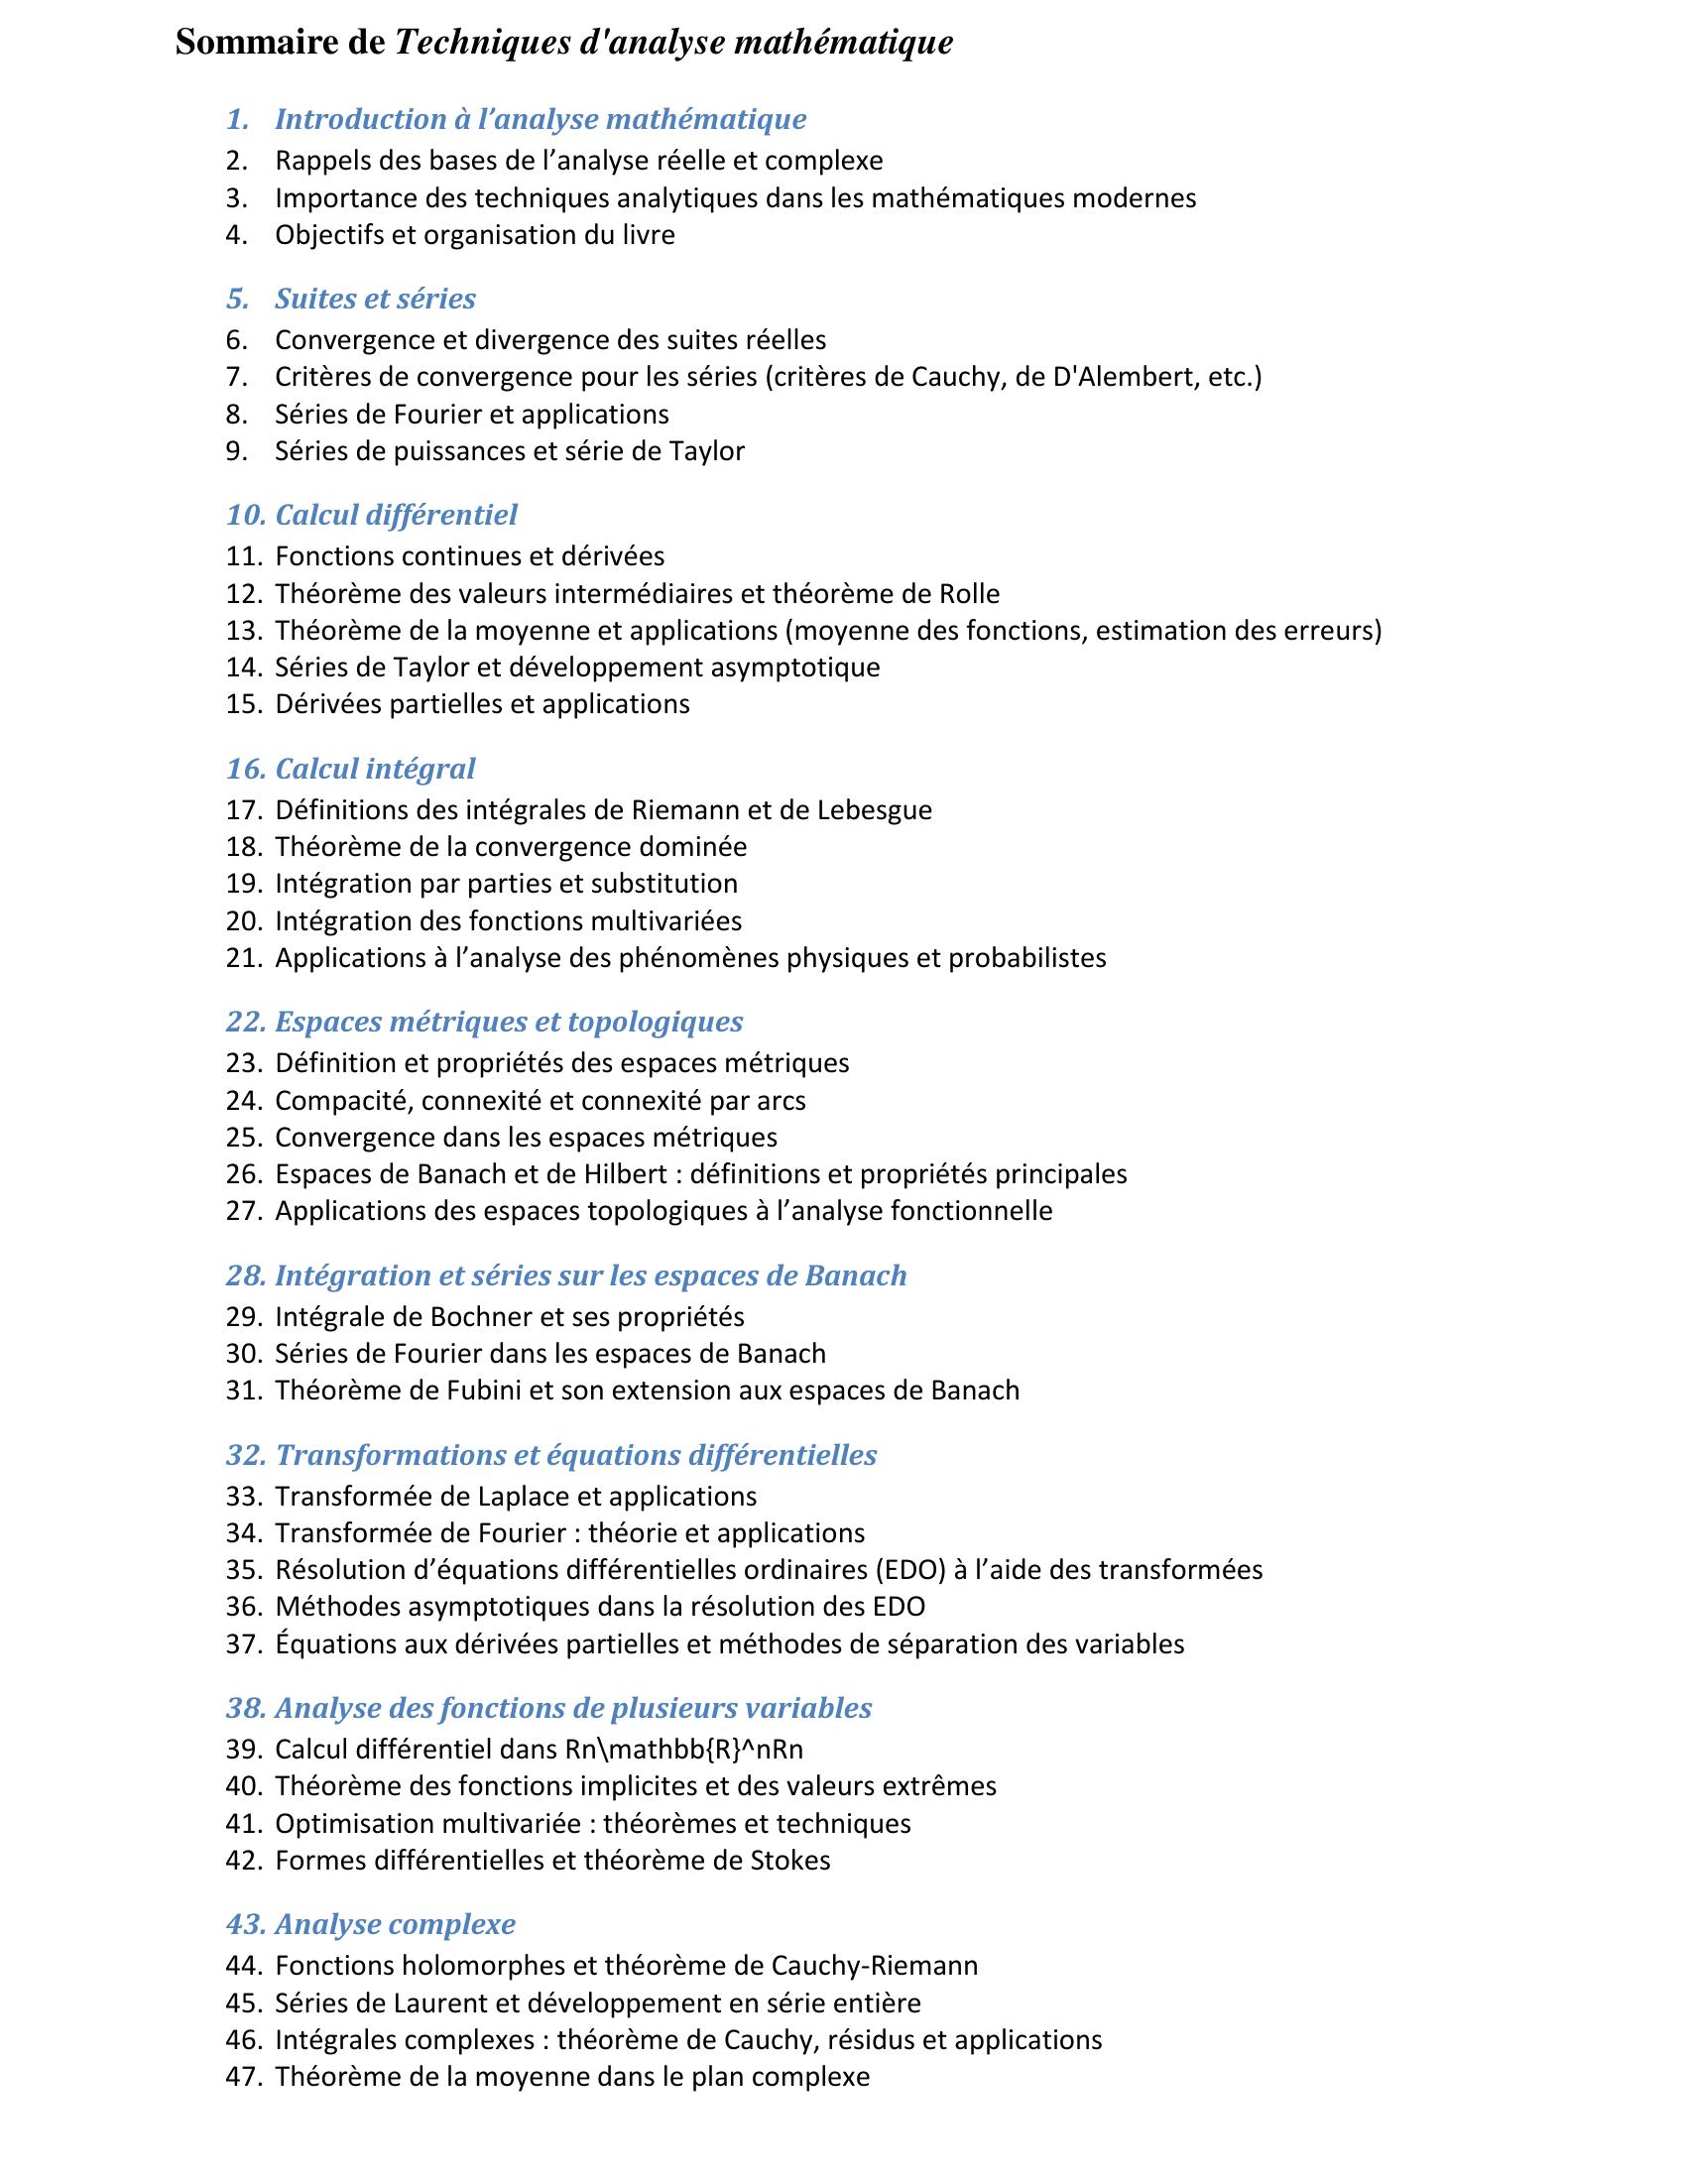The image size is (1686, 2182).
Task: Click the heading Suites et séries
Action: tap(375, 299)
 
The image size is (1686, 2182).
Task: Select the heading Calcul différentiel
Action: tap(396, 515)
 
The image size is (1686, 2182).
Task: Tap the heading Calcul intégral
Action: tap(375, 769)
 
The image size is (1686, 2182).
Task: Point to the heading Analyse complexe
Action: tap(395, 1923)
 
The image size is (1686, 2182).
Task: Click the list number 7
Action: tap(236, 378)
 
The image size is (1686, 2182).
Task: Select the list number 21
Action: tap(243, 958)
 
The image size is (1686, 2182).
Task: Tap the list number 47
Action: tap(243, 2077)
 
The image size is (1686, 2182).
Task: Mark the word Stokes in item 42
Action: tap(790, 1861)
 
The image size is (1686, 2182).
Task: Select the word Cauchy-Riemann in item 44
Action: tap(874, 1965)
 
